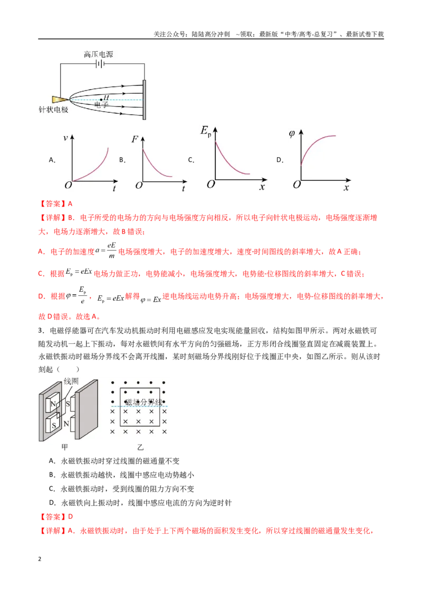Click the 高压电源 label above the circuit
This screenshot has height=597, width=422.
point(98,54)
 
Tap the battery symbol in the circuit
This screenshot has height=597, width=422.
point(100,64)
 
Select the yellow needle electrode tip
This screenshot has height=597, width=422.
point(60,99)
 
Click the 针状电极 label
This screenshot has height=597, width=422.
point(53,110)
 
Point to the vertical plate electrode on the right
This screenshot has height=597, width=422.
point(145,100)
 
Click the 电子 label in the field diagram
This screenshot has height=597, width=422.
point(101,104)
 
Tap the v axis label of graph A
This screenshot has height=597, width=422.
point(65,138)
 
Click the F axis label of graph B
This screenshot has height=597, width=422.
point(135,139)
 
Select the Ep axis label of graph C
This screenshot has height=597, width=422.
point(206,131)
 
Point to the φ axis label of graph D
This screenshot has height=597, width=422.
point(292,133)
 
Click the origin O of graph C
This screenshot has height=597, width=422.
point(210,184)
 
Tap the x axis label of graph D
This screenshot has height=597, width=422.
point(346,187)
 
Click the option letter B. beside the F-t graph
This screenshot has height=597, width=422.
point(122,160)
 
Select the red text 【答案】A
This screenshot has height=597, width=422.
point(55,204)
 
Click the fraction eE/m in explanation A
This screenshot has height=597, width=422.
point(112,251)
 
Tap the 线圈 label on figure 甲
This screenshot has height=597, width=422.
point(71,381)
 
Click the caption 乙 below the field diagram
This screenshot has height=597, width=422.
point(140,447)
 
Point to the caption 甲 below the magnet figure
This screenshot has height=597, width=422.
point(65,447)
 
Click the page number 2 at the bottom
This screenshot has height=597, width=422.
point(40,559)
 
